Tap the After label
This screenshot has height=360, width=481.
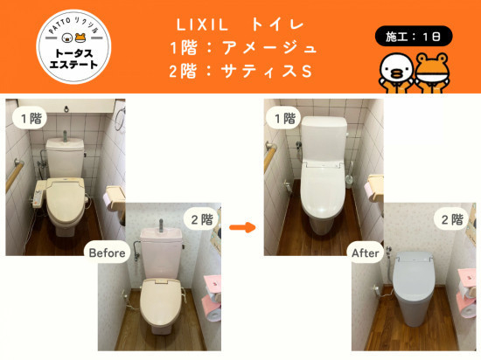[x=365, y=253]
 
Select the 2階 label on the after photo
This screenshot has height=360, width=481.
[x=451, y=219]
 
